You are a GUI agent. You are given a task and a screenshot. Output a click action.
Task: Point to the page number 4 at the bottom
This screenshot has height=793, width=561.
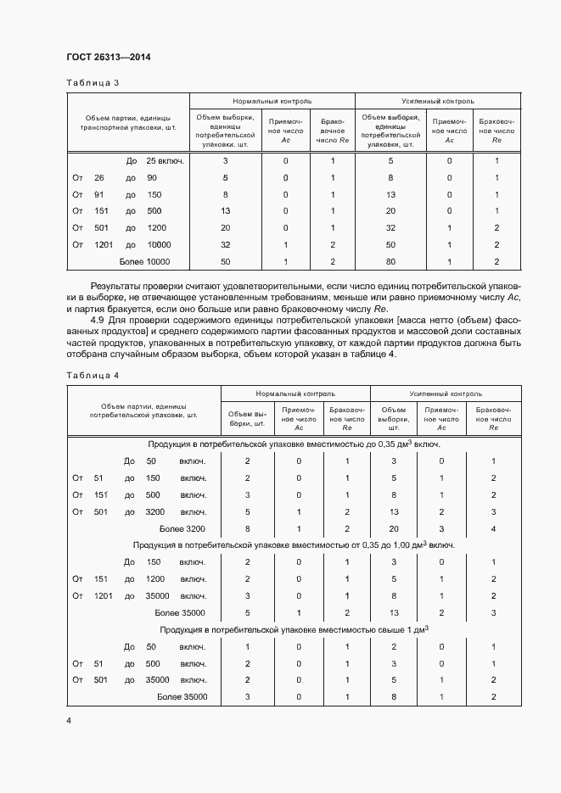point(69,721)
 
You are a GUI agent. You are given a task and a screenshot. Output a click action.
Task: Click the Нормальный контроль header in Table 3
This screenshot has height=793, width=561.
point(272,100)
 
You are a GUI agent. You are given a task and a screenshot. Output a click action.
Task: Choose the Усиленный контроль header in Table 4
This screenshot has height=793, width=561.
point(446,394)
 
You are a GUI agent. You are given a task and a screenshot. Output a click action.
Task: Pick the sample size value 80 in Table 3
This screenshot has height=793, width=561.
point(390,262)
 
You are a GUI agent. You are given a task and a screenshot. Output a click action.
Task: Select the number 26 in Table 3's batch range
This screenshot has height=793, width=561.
point(98,178)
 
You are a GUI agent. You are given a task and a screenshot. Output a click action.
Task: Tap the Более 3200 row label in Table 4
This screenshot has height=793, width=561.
point(180,528)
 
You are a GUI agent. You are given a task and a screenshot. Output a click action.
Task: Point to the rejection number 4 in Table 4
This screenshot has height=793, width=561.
point(493,528)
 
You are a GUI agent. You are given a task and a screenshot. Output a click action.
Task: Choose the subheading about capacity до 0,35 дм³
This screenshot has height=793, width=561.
point(294,444)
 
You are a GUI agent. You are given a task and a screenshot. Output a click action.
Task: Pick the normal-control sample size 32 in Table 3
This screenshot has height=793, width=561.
point(225,245)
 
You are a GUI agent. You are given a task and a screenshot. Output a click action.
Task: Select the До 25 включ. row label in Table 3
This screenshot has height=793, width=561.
point(156,161)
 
